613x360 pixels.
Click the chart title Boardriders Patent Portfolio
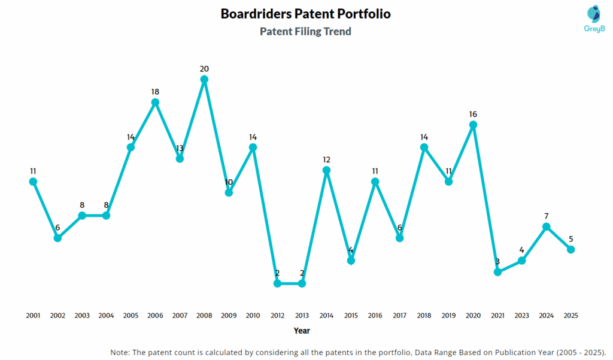305,13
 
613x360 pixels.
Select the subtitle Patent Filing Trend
305,31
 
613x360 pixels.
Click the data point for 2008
204,79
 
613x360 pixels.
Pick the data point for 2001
33,181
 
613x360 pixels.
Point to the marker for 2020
473,125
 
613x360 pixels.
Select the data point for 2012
277,283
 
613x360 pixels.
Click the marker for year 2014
326,170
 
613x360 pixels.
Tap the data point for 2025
570,249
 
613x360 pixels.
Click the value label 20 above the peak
204,69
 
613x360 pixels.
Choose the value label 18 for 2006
155,92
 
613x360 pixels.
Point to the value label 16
473,114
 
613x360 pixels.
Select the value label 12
326,159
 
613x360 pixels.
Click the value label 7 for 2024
547,216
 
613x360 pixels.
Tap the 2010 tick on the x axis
253,315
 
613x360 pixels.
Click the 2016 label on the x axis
375,315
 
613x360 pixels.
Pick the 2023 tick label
522,315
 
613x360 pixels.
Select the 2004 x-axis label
106,315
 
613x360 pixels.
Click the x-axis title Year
302,331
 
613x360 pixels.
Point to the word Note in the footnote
121,352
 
